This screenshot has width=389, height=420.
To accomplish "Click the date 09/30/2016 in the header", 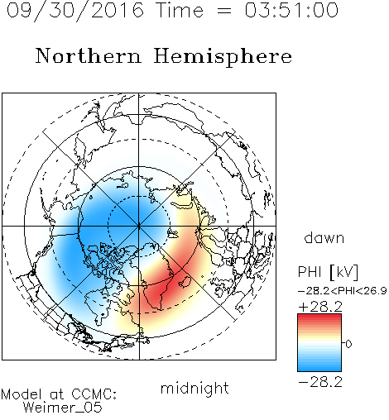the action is click(x=75, y=11).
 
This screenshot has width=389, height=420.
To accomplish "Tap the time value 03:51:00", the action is click(x=291, y=10).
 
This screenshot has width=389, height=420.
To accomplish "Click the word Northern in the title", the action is click(x=89, y=55).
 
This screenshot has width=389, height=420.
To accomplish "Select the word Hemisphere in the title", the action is click(x=223, y=57).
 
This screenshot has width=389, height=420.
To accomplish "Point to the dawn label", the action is click(x=324, y=237).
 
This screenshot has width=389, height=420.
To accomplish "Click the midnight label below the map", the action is click(x=194, y=389).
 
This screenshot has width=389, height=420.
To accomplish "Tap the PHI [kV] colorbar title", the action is click(x=328, y=272).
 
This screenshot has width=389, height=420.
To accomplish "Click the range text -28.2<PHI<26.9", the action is click(x=343, y=291).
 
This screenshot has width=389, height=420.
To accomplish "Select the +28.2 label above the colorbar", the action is click(x=320, y=307).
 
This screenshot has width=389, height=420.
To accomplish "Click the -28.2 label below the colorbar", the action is click(x=320, y=382).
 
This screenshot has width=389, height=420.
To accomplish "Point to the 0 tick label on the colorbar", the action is click(x=348, y=344).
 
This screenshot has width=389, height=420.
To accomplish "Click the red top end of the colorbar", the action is click(x=319, y=317).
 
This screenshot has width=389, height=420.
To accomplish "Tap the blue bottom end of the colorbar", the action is click(x=319, y=369).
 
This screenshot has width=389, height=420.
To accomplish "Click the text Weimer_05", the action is click(x=63, y=408).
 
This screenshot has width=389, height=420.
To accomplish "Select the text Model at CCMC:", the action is click(x=59, y=394).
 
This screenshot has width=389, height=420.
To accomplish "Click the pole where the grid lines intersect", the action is click(x=139, y=226).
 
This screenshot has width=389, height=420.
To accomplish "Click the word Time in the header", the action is click(x=180, y=10).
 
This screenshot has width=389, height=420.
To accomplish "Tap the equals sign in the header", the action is click(x=224, y=11).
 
